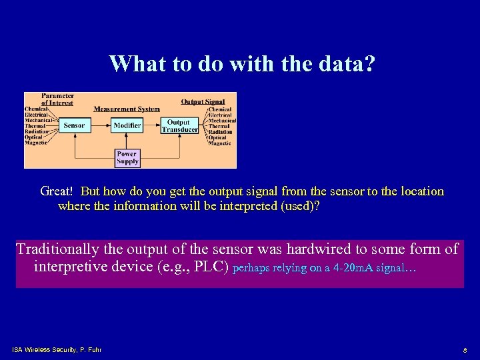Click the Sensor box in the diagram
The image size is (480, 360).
pyautogui.click(x=74, y=125)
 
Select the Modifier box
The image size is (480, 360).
pyautogui.click(x=127, y=125)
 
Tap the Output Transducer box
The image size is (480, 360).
pyautogui.click(x=179, y=126)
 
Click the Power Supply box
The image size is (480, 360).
pyautogui.click(x=127, y=157)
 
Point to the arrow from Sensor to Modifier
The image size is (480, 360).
pyautogui.click(x=100, y=125)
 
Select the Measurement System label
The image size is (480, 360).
pyautogui.click(x=127, y=109)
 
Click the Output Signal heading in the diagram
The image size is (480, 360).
pyautogui.click(x=203, y=102)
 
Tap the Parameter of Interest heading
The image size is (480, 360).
pyautogui.click(x=58, y=99)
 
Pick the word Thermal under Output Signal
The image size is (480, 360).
pyautogui.click(x=219, y=126)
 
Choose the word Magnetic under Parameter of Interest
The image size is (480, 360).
pyautogui.click(x=37, y=143)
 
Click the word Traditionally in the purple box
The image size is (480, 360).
pyautogui.click(x=57, y=249)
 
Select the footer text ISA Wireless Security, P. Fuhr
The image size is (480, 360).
pyautogui.click(x=57, y=349)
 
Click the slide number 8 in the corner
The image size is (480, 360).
pyautogui.click(x=465, y=350)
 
